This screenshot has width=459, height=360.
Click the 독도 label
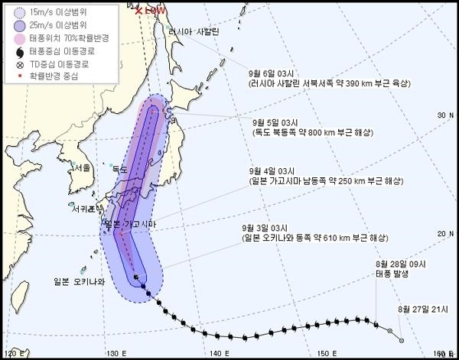[119, 170]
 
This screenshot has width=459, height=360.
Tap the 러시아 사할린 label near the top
[196, 31]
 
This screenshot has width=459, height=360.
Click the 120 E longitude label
[15, 352]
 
